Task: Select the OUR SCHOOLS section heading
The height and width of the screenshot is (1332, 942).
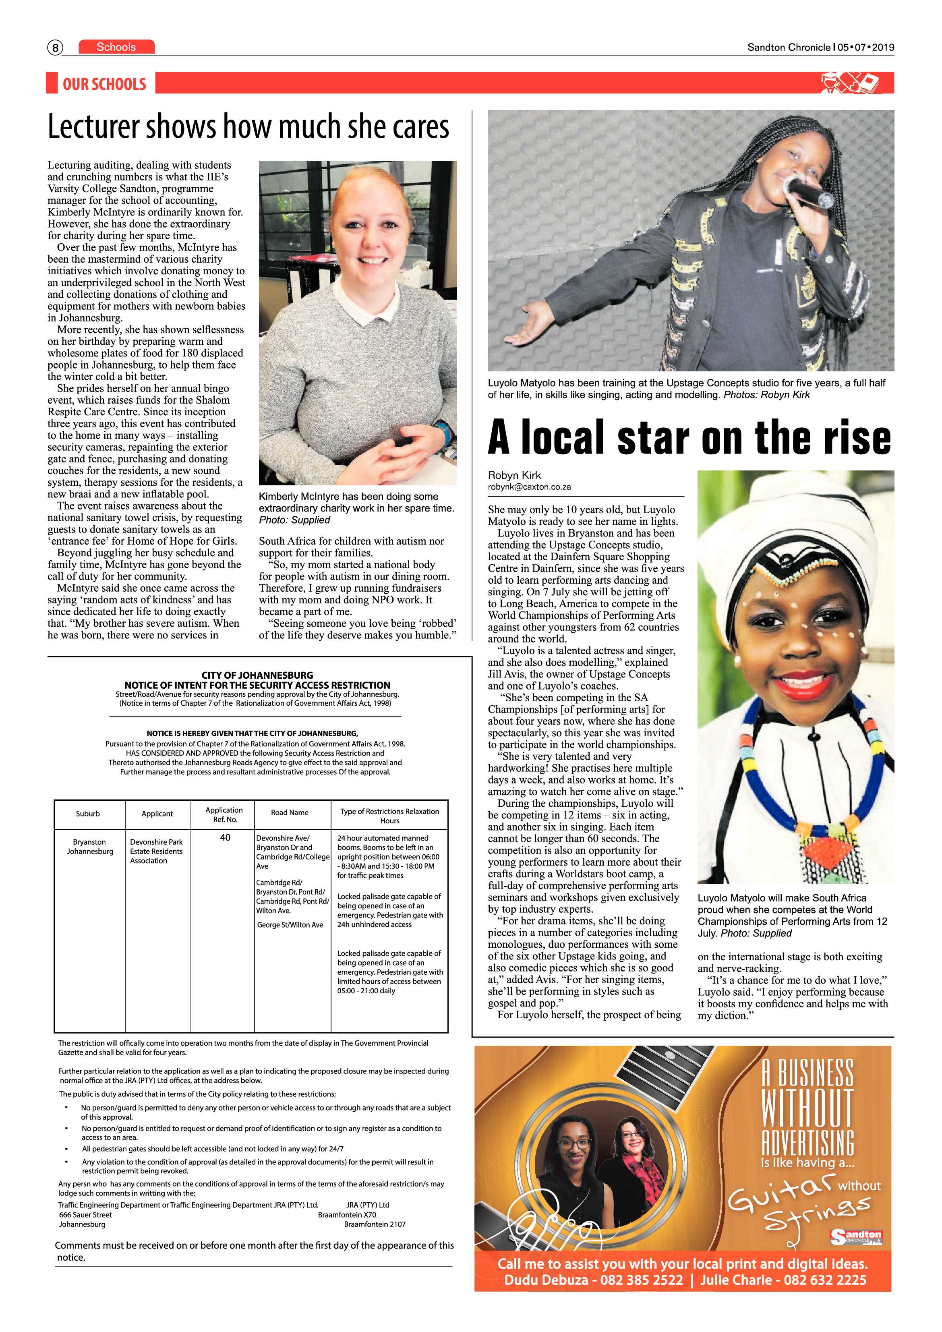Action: (x=104, y=84)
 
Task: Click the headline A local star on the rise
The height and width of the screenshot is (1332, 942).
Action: (x=689, y=437)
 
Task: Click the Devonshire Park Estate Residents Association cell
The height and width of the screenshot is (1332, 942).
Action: (x=156, y=851)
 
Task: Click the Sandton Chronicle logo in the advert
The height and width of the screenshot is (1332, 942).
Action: (x=855, y=1237)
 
